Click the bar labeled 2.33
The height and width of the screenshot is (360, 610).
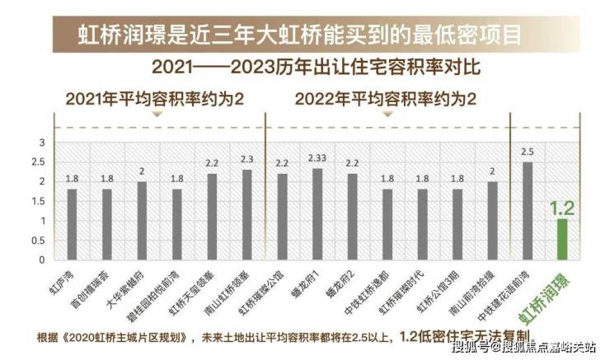[317, 214]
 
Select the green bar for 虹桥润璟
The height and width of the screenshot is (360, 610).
[563, 239]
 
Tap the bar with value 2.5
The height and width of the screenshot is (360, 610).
[528, 211]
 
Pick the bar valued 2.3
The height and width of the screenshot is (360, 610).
[246, 215]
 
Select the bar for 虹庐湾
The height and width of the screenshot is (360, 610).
[72, 224]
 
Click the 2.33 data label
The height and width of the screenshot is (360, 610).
[317, 157]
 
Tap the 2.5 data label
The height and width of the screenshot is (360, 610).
[528, 152]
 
